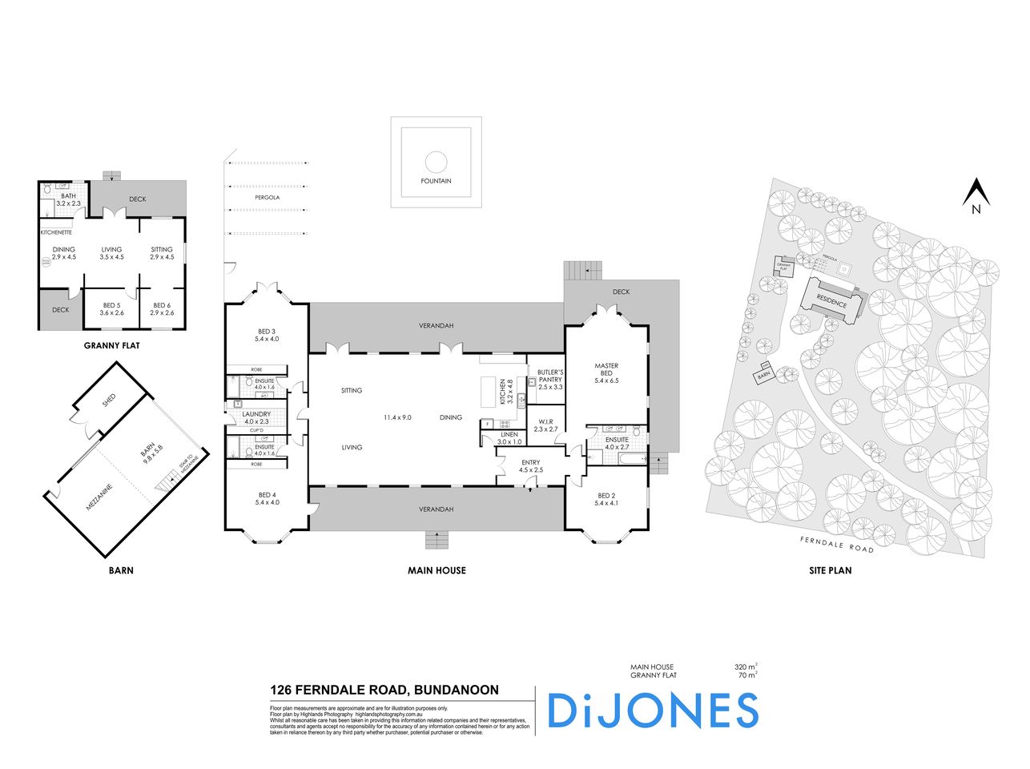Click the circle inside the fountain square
[x=436, y=161]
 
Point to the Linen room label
[x=509, y=437]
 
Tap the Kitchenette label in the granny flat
[x=56, y=232]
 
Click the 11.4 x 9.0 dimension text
[x=397, y=417]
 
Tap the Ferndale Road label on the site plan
[x=836, y=545]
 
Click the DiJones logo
[x=652, y=711]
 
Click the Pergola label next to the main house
[x=268, y=197]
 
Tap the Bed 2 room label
[x=606, y=499]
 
